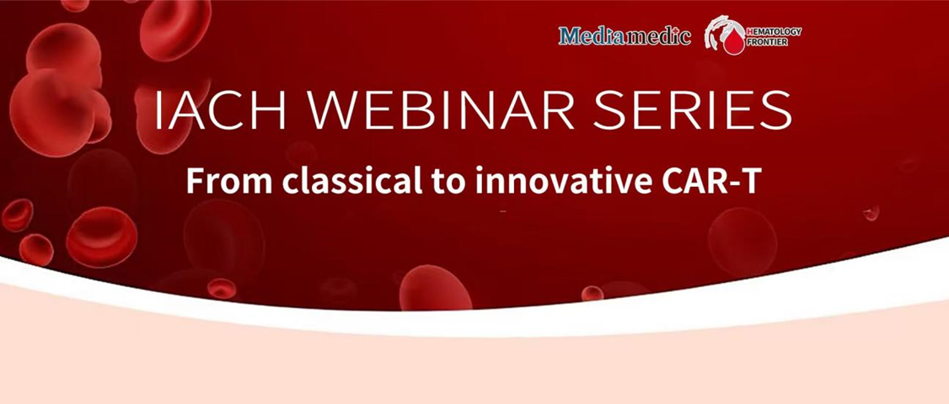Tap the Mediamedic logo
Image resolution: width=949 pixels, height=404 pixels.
tap(625, 36)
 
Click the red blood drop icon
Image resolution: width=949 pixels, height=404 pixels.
tap(734, 41)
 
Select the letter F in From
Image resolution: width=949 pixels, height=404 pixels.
tap(195, 180)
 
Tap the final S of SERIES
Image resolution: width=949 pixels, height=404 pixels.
tap(777, 110)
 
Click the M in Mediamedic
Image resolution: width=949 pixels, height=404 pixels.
tap(570, 36)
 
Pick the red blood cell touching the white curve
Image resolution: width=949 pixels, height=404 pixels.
tap(435, 289)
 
